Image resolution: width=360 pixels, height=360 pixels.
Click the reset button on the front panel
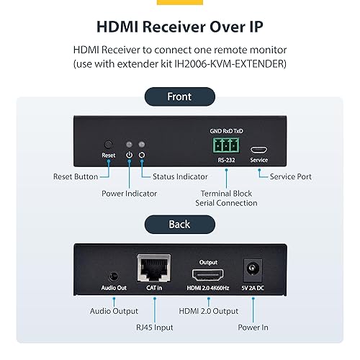[x=109, y=144]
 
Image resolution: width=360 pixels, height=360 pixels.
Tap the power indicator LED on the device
[x=130, y=144]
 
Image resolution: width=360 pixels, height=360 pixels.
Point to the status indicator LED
[x=142, y=144]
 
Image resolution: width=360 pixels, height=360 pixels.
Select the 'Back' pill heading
[x=179, y=224]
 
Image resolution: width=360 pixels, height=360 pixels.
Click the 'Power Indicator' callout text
[x=129, y=193]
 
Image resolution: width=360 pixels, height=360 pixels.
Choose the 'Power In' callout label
[x=253, y=326]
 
